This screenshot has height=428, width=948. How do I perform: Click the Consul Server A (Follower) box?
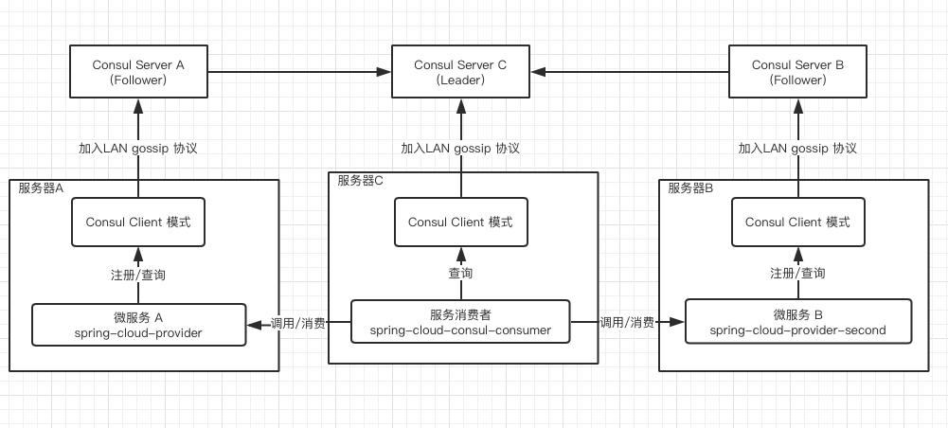click(x=138, y=72)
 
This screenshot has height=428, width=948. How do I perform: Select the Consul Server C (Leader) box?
click(x=460, y=72)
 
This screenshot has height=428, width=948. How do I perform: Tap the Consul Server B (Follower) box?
click(x=797, y=72)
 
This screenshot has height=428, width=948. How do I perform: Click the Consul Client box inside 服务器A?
click(x=138, y=223)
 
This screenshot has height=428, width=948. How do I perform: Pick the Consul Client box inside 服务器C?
click(x=460, y=223)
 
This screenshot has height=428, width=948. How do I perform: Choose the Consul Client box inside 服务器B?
click(x=797, y=223)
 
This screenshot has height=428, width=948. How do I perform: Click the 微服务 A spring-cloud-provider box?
click(x=138, y=324)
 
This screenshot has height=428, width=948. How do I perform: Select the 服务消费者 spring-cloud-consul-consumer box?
click(x=460, y=322)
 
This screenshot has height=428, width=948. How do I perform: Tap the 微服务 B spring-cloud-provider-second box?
click(x=797, y=322)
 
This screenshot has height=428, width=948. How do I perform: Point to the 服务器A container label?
click(x=41, y=187)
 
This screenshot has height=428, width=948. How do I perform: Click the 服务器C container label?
click(x=360, y=181)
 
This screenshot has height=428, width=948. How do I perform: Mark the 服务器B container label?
click(x=690, y=187)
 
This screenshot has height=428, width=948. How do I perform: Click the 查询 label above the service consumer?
click(x=460, y=274)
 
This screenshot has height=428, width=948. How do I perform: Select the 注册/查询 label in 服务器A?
click(x=138, y=275)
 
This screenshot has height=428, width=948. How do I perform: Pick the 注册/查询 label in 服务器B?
click(x=797, y=274)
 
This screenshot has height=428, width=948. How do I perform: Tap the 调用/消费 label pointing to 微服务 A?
click(x=297, y=324)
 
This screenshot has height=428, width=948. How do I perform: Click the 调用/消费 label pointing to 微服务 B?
click(x=627, y=323)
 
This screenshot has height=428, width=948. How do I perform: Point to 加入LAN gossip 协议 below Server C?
click(x=460, y=149)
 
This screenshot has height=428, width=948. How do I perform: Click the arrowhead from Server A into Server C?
click(x=385, y=72)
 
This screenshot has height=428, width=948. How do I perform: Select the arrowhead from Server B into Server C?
click(x=537, y=72)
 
